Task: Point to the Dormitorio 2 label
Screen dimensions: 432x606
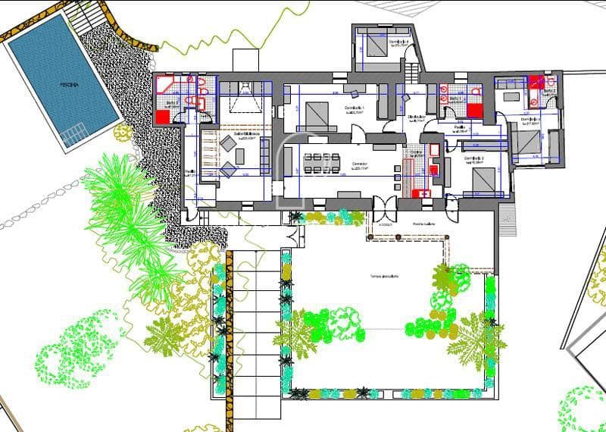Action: click(x=475, y=160)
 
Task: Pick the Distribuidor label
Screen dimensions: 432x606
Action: click(x=415, y=117)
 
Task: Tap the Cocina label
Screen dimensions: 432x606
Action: click(x=416, y=152)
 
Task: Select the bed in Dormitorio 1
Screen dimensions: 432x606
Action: click(x=316, y=118)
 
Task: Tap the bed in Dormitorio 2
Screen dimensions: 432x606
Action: click(x=485, y=180)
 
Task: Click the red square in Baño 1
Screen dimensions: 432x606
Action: click(x=474, y=111)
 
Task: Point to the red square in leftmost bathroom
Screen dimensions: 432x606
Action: click(x=163, y=117)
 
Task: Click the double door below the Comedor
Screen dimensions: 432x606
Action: click(x=384, y=206)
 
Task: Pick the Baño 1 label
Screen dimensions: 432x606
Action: click(x=455, y=99)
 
